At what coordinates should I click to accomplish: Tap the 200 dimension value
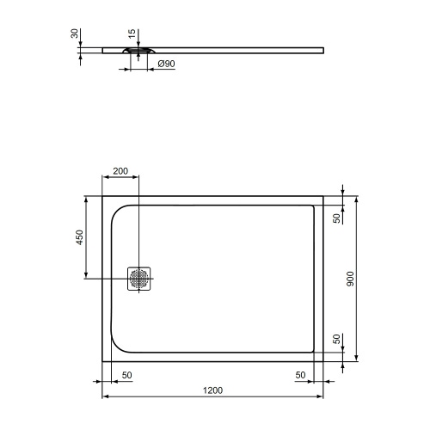[x=120, y=171]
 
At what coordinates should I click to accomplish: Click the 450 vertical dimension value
[x=79, y=237]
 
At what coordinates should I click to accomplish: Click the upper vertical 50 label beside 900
[x=336, y=217]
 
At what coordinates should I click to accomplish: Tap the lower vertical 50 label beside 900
[x=336, y=341]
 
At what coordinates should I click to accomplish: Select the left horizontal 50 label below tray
[x=126, y=376]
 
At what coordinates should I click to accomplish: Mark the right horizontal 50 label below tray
[x=301, y=376]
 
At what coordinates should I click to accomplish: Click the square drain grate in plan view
[x=139, y=279]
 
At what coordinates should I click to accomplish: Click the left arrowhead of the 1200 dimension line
[x=106, y=397]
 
